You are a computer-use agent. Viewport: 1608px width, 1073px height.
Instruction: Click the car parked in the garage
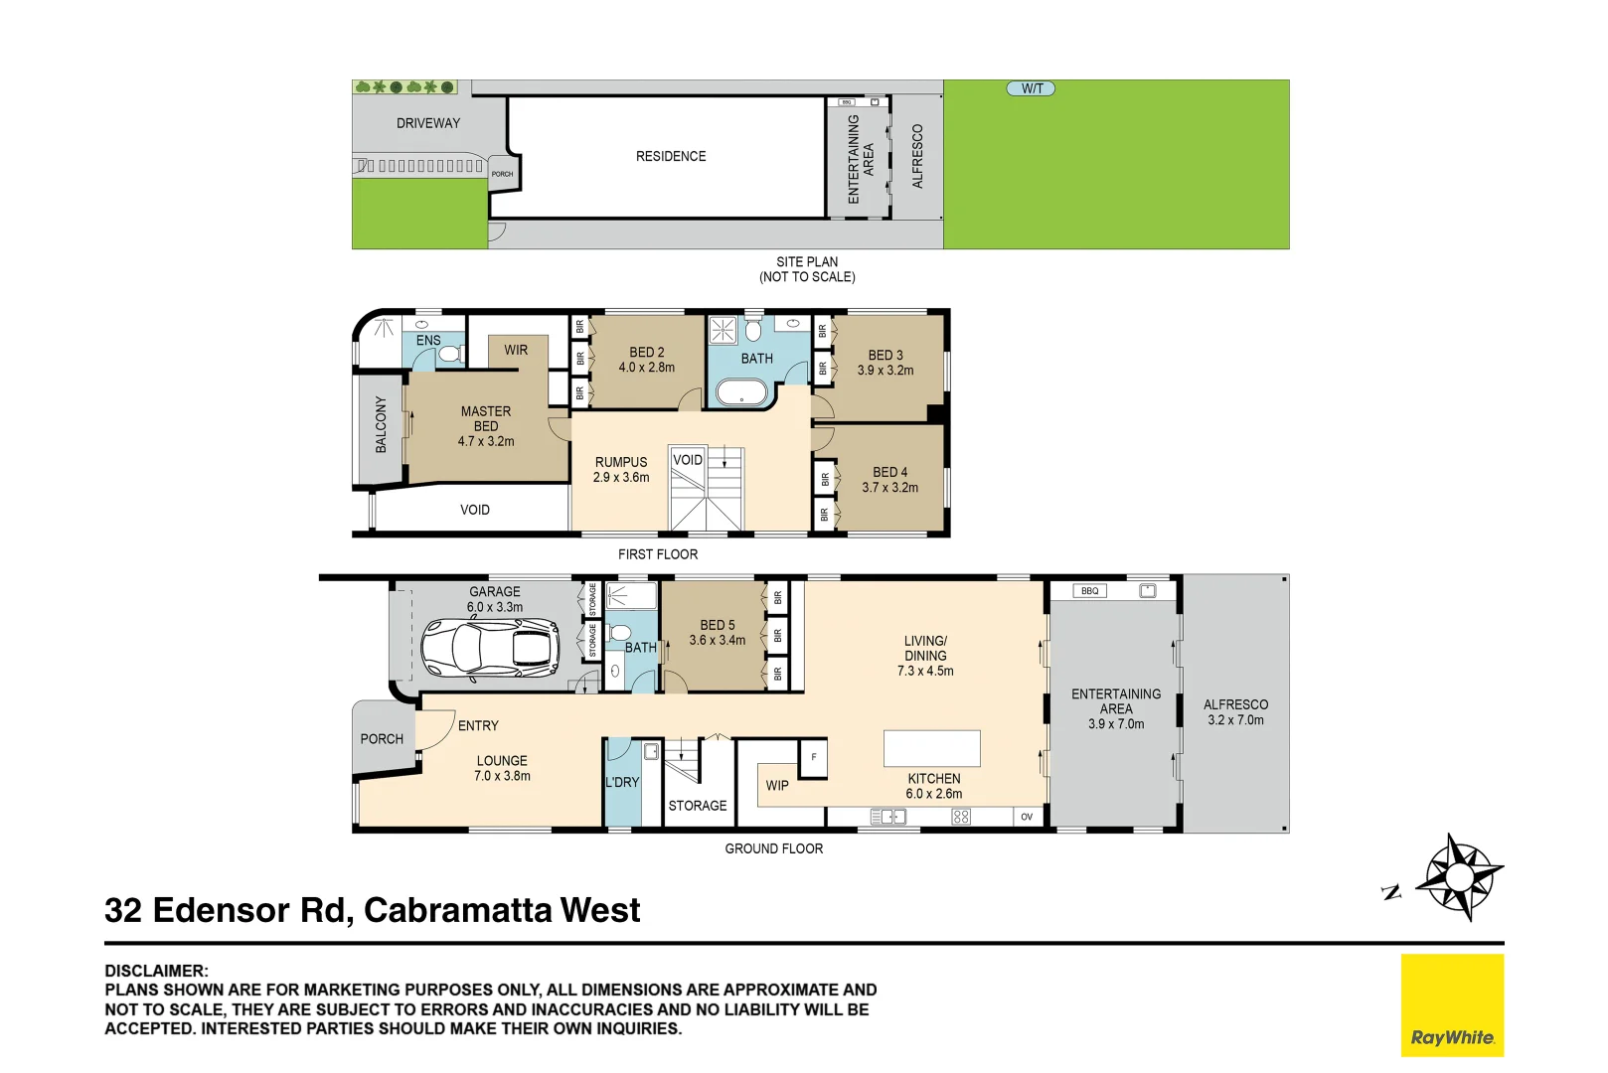(489, 649)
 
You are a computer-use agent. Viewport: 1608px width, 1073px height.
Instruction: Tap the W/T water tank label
(1032, 88)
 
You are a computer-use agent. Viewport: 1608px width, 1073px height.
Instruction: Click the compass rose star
(1458, 877)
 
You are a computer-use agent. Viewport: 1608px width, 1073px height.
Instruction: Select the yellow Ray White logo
(1452, 1005)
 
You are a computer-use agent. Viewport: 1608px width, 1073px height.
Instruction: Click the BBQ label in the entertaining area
(1090, 591)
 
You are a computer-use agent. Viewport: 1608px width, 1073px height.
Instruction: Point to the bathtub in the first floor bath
(742, 391)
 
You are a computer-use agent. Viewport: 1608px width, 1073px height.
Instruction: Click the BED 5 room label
(718, 632)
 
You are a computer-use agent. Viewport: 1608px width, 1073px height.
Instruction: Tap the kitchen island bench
(932, 748)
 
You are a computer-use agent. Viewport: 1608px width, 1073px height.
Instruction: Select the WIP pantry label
(777, 785)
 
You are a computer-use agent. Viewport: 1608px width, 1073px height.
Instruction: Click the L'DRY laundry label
(622, 782)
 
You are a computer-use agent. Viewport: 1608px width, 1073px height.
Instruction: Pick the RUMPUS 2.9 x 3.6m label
(621, 470)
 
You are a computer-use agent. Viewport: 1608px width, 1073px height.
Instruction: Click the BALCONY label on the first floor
(381, 425)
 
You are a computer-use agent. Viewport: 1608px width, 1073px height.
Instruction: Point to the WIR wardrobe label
(516, 350)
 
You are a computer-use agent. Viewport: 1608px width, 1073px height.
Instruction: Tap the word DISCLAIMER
(156, 971)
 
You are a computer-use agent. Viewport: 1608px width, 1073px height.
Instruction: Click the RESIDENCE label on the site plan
(671, 156)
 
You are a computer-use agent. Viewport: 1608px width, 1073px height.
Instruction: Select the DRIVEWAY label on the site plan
(428, 123)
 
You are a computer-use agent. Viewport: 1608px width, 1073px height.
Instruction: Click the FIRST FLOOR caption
(658, 554)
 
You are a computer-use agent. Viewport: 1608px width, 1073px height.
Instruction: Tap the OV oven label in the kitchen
(1027, 817)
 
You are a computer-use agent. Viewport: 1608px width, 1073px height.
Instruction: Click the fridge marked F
(814, 758)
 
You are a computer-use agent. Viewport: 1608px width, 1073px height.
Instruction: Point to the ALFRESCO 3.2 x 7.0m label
(1235, 711)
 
